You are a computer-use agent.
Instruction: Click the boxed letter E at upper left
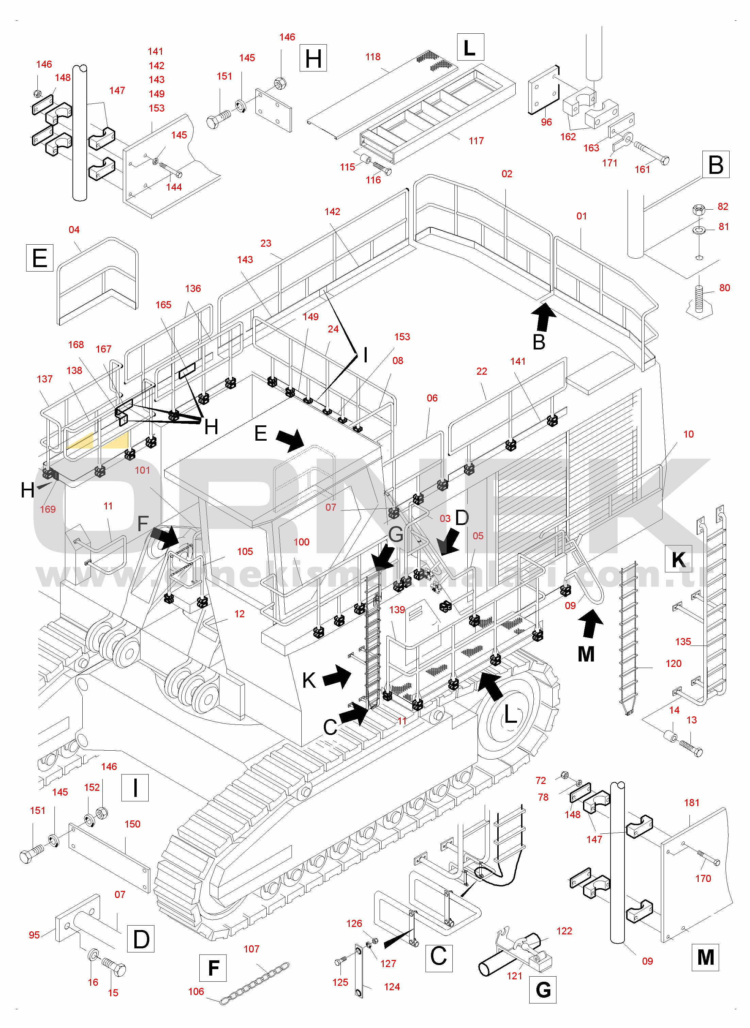[40, 258]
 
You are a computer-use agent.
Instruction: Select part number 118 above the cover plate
[373, 57]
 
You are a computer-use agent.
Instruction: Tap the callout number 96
[547, 122]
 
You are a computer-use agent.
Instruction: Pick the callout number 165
[164, 305]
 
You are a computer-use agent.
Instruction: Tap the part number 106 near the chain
[196, 991]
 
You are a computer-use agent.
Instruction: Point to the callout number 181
[691, 802]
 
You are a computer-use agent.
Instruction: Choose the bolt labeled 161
[652, 153]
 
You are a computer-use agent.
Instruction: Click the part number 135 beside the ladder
[683, 641]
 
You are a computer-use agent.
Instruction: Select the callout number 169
[48, 509]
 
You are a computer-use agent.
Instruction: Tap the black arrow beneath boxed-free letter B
[544, 317]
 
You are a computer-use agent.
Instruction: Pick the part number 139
[397, 609]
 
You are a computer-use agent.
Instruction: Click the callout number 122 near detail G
[564, 931]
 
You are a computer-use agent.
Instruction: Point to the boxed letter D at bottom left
[141, 939]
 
